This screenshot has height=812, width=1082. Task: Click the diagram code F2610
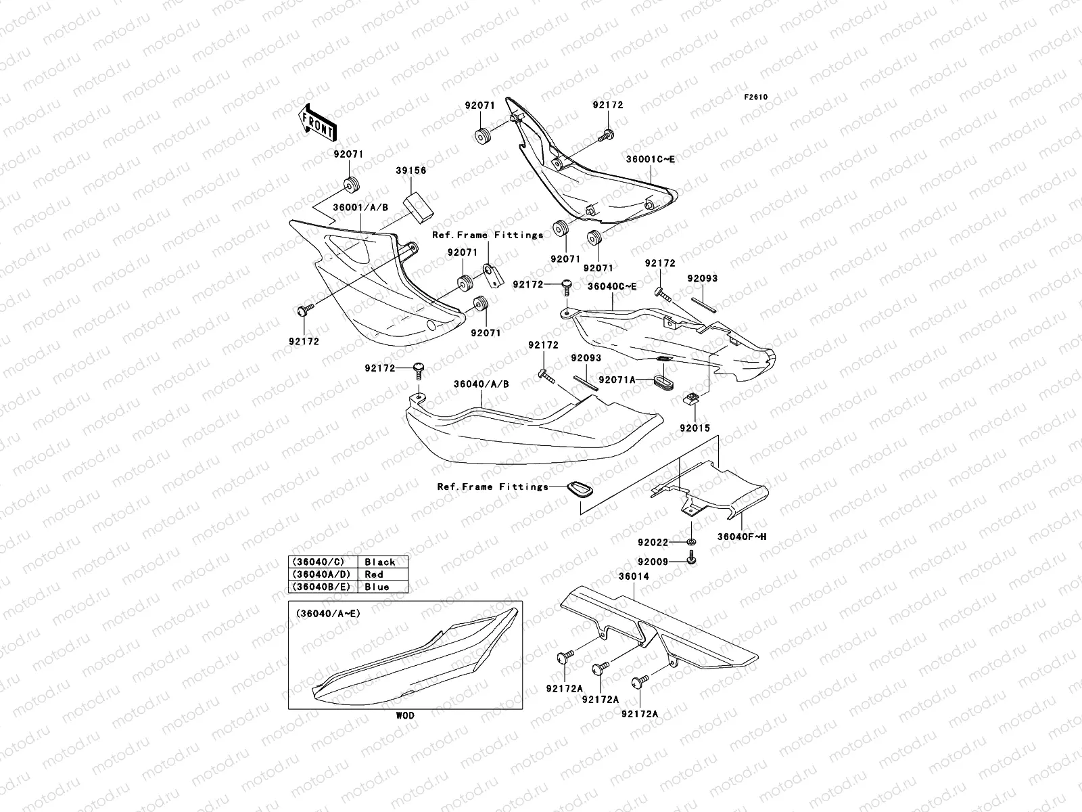[756, 97]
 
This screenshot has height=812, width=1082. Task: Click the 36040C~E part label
[611, 286]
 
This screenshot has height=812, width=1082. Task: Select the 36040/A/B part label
[481, 384]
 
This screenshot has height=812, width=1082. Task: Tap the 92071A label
[617, 380]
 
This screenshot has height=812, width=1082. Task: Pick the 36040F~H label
[741, 537]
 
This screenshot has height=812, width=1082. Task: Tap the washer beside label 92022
[692, 542]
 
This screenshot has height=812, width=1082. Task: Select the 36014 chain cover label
[632, 577]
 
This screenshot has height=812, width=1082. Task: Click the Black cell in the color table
[380, 562]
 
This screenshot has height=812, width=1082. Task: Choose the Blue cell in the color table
[377, 587]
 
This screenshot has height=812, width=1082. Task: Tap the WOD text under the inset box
[406, 715]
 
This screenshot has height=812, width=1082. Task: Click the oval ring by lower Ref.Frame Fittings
[579, 488]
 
